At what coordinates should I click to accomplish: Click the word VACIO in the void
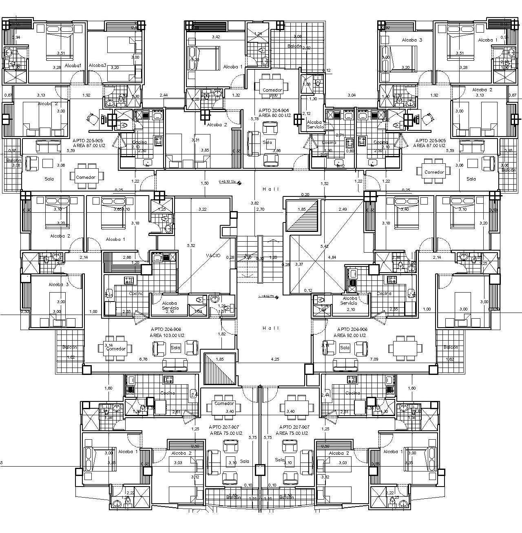(x=213, y=255)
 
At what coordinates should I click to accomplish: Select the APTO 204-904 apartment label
(x=273, y=110)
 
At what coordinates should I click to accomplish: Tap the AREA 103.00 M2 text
(x=167, y=335)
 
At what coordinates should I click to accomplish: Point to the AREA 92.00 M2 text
(x=350, y=335)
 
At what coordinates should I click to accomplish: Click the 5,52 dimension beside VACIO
(x=191, y=245)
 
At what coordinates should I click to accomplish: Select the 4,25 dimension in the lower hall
(x=275, y=359)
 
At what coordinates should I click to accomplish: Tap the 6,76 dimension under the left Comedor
(x=143, y=359)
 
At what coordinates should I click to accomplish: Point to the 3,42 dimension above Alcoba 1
(x=216, y=37)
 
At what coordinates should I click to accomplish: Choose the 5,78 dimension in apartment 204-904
(x=254, y=119)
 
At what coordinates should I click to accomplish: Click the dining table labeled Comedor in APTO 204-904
(x=272, y=86)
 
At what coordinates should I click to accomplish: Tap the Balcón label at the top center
(x=294, y=46)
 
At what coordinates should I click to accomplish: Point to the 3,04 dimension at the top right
(x=351, y=95)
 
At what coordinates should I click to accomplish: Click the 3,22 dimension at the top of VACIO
(x=202, y=209)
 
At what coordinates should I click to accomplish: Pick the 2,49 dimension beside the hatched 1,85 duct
(x=343, y=209)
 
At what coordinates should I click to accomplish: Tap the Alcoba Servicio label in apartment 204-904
(x=315, y=124)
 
